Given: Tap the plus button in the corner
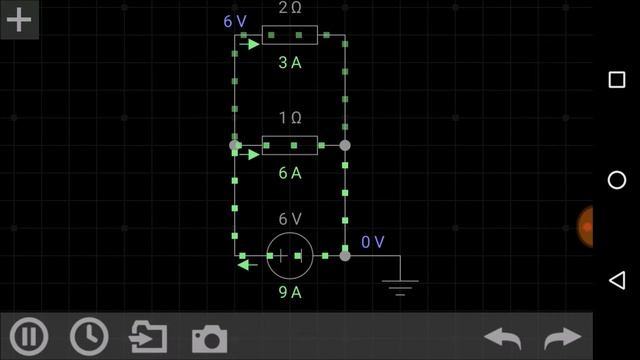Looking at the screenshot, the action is coord(19,19).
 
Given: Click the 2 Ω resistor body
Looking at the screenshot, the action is coord(290,36).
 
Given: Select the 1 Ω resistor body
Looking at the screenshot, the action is coord(290,146).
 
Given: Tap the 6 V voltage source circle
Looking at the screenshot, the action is coord(290,256).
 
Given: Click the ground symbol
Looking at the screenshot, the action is coord(400,285).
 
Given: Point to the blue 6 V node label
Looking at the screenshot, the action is coord(235,20).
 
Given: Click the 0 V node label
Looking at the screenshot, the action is coord(373,242).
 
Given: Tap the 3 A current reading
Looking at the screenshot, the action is coord(290,63).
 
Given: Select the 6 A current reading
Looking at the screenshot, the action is coord(290,173).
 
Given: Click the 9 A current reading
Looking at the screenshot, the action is coord(290,292).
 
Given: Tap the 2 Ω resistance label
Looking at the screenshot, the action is coord(290,8).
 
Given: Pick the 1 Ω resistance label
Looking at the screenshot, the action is coord(290,118).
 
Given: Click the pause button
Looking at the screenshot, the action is coord(28,336).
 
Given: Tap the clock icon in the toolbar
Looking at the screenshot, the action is coord(90,336).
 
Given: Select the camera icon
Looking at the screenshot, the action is coord(209,338).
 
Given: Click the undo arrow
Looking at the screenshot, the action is coord(503,338).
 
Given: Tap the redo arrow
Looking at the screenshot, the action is coord(562,338).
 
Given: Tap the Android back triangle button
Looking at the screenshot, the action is coord(616,279).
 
